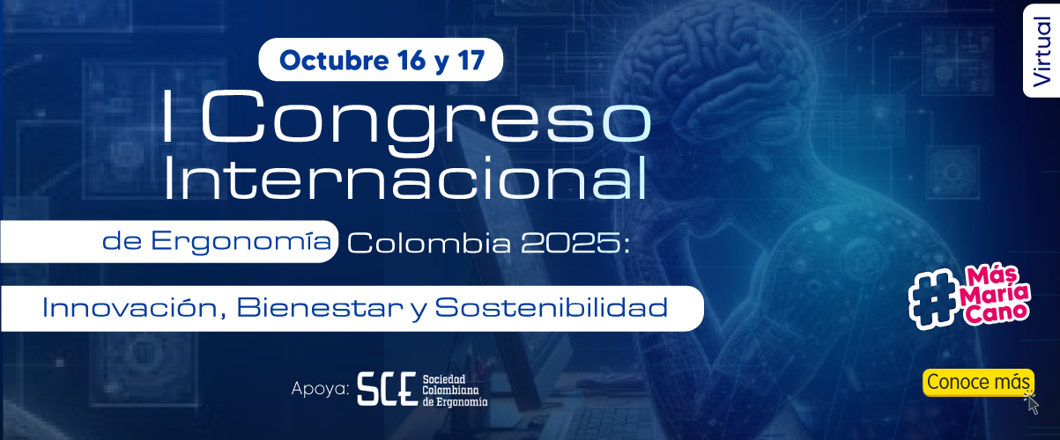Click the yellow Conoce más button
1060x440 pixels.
978,382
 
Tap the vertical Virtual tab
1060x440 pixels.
1041,51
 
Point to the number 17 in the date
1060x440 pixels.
471,60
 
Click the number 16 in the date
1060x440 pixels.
411,60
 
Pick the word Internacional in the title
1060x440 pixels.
405,178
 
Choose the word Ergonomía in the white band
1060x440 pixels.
241,242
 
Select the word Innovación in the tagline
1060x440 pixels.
130,308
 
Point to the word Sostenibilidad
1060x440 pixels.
552,308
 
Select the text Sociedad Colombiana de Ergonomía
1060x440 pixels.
455,391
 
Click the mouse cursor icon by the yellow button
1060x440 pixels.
1032,404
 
